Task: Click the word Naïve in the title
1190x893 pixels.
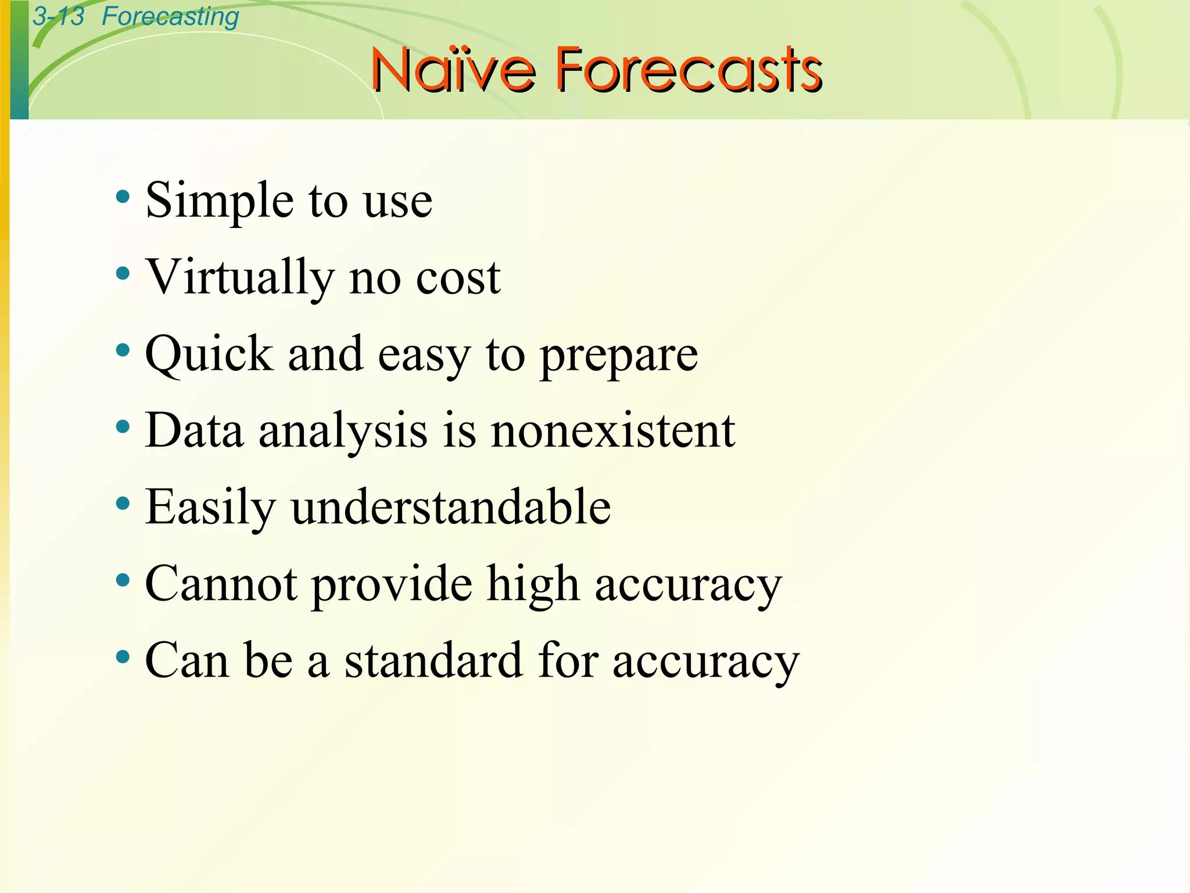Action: [453, 70]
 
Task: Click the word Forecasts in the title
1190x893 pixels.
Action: [689, 70]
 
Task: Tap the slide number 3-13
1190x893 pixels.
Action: [58, 16]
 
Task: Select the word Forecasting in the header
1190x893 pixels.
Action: [170, 16]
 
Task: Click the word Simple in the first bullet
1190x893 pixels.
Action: [220, 201]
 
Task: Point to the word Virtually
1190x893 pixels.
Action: [240, 277]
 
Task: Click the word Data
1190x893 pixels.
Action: [194, 430]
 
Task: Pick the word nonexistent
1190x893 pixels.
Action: [613, 431]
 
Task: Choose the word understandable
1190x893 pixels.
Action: [451, 507]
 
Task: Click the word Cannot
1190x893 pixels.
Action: [221, 584]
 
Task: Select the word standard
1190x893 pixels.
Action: [433, 660]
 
